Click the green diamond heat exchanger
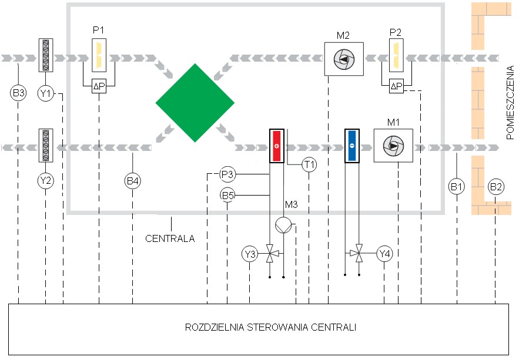tap(195, 103)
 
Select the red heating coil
tap(277, 146)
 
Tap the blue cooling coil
tap(352, 146)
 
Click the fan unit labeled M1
tap(393, 146)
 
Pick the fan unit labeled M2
tap(344, 59)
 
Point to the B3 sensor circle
tap(18, 93)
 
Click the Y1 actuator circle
tap(46, 94)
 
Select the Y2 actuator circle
tap(46, 181)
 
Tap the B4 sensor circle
tap(133, 181)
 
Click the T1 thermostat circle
tap(309, 164)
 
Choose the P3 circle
tap(227, 174)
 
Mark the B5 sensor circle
tap(227, 196)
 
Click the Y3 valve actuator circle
tap(250, 254)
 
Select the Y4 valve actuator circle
tap(384, 254)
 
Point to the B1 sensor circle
tap(457, 187)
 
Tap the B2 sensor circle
tap(495, 187)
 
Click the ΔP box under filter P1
tap(99, 86)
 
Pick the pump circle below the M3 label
tap(283, 225)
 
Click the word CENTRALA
tap(170, 238)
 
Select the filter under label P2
tap(396, 55)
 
